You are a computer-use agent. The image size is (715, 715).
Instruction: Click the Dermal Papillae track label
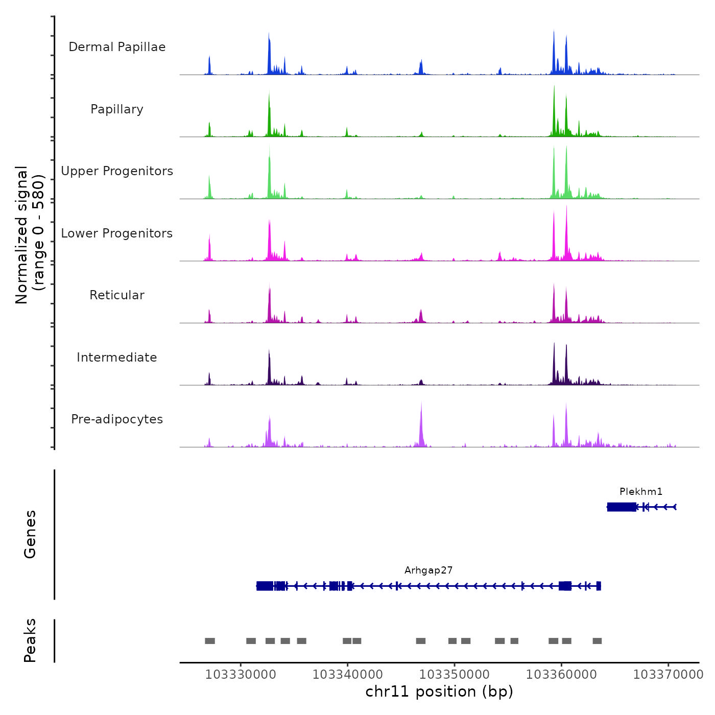117,47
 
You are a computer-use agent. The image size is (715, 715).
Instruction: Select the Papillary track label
117,109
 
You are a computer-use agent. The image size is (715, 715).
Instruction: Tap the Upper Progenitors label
117,171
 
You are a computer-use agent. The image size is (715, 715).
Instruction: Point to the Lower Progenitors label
117,233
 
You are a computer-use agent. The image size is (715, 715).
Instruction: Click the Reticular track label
117,295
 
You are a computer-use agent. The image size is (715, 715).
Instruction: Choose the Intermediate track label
117,357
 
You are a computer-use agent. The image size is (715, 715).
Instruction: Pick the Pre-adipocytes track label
117,419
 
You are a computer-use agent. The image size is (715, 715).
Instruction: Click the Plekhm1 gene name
641,492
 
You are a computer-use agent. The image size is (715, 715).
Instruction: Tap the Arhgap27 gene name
428,570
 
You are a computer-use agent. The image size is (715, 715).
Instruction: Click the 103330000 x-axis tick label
241,675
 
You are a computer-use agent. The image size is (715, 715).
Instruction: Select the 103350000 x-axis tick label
455,675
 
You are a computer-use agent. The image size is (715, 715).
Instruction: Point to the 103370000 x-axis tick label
668,675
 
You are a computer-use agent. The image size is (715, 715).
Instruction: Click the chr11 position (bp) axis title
439,692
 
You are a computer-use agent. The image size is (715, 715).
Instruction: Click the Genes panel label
30,534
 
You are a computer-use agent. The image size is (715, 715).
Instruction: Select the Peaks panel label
30,640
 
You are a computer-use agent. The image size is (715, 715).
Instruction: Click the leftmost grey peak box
210,641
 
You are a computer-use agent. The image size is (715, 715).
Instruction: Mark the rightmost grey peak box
597,641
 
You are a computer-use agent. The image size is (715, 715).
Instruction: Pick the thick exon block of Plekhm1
622,507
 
